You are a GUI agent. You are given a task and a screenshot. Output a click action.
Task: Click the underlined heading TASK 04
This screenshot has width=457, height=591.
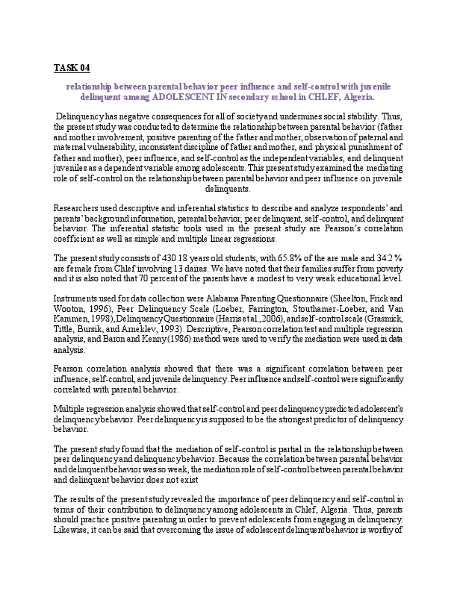[72, 68]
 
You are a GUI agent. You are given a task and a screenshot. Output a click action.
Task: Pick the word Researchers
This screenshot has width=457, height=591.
[77, 207]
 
